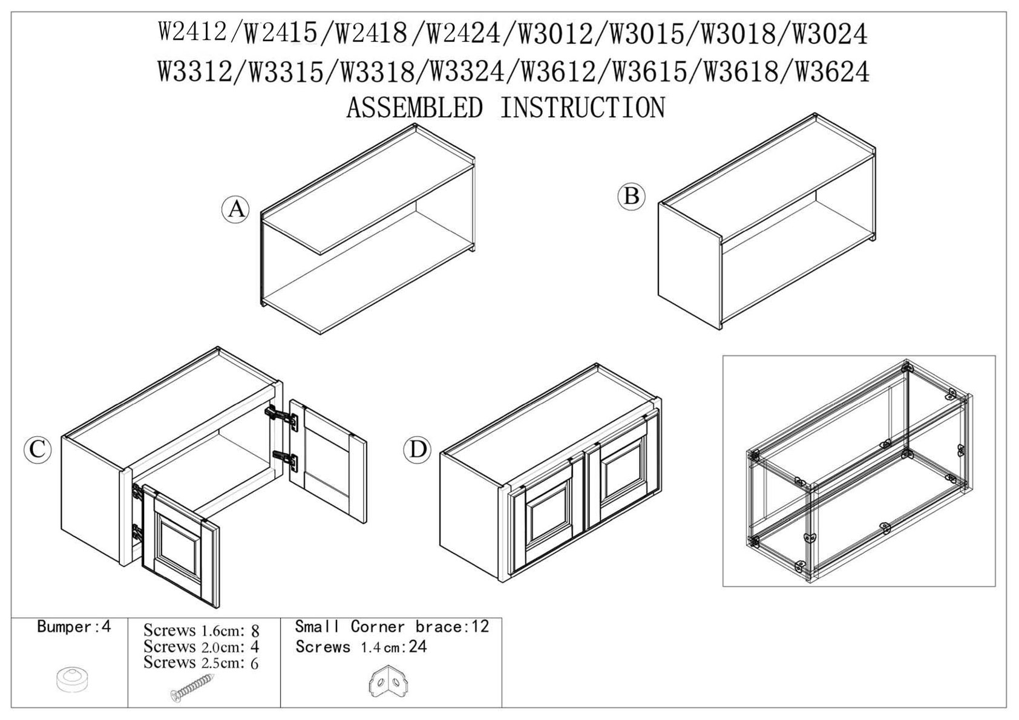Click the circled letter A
235,209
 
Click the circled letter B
631,197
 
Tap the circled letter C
38,450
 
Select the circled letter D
417,450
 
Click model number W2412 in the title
192,33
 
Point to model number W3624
832,73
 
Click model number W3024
830,34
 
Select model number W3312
195,73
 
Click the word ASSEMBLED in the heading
414,108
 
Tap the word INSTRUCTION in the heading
582,108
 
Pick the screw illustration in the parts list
192,687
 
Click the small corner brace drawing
387,681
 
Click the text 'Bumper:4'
74,627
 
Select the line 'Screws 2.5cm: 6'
201,663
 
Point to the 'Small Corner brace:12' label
392,627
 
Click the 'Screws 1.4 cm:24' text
361,646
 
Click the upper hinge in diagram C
281,417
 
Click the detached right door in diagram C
328,461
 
